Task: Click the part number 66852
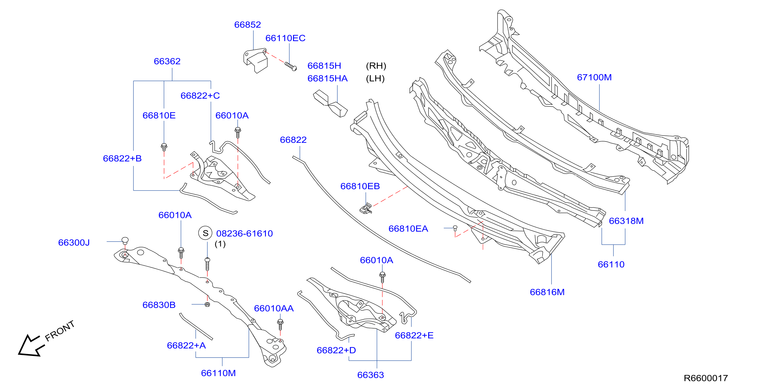click(247, 25)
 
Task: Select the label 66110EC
click(285, 38)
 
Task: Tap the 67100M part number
click(594, 77)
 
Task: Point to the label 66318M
click(626, 221)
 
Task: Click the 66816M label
click(547, 292)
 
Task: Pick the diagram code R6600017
click(706, 378)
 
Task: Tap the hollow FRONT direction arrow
click(31, 346)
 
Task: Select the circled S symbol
click(206, 233)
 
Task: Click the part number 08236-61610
click(245, 233)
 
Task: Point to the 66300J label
click(74, 243)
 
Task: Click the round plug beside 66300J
click(125, 241)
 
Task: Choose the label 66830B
click(159, 305)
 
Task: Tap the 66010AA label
click(274, 309)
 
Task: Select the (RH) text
click(376, 66)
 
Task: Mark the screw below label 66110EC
click(291, 66)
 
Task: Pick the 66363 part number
click(370, 375)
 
